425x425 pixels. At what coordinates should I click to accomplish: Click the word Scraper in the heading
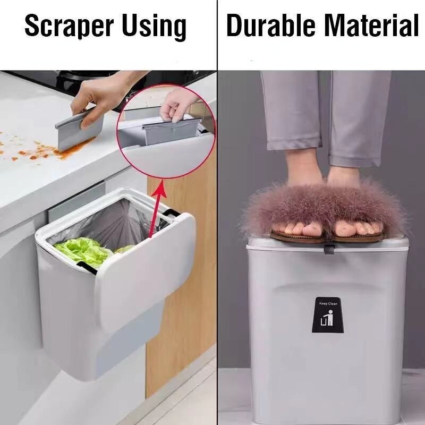click(x=69, y=25)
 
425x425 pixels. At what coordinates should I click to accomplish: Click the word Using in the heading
click(x=154, y=27)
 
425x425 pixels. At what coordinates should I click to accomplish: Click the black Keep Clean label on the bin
click(x=328, y=314)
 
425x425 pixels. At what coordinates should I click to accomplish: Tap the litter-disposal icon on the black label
click(x=327, y=318)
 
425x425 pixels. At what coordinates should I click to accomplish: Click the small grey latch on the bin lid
click(x=329, y=249)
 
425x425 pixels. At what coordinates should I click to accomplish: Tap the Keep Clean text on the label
click(x=328, y=303)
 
